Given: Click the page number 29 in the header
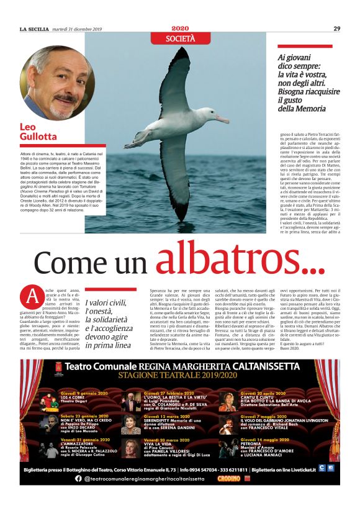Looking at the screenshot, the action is [336, 28].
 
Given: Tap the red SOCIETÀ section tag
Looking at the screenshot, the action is [180, 38].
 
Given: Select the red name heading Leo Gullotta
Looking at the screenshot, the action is [38, 132].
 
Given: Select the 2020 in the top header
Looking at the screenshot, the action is [180, 28].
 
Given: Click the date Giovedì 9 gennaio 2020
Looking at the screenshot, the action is [85, 394].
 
